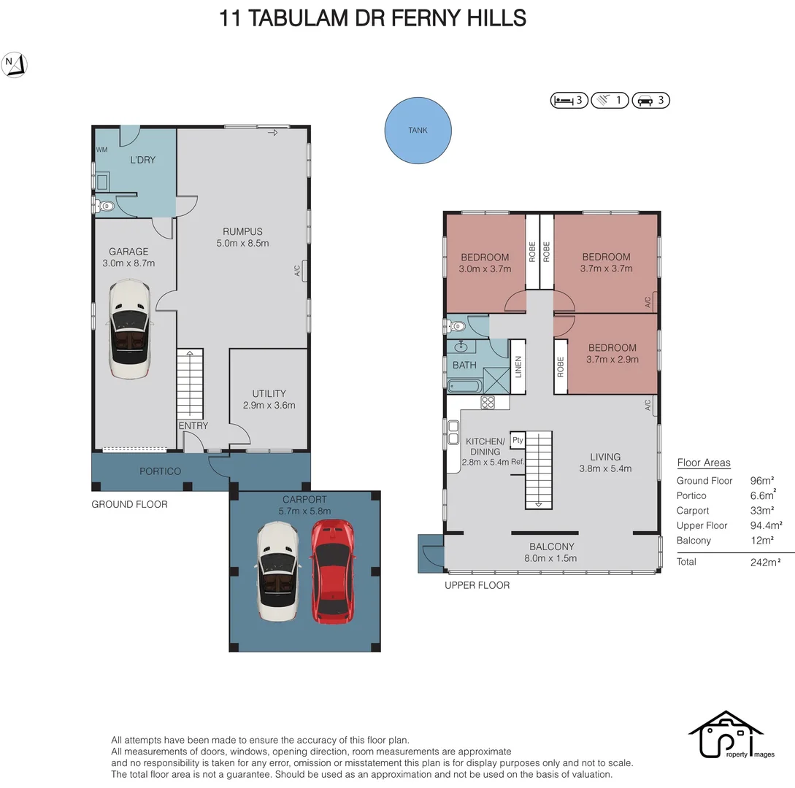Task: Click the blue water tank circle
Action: click(418, 130)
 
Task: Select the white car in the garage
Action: click(130, 329)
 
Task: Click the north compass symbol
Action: click(14, 65)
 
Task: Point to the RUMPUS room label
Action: click(242, 231)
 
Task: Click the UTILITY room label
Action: click(269, 393)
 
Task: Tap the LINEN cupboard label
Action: click(518, 366)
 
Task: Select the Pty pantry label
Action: click(518, 440)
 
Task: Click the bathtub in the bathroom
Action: click(465, 387)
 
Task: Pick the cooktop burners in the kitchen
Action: click(488, 402)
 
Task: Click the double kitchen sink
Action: click(453, 432)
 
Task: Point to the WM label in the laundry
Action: click(102, 150)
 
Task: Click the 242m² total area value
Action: click(765, 562)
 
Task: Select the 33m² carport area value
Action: click(762, 510)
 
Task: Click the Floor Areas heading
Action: click(704, 463)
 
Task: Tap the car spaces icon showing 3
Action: click(651, 101)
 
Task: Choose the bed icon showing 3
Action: click(569, 101)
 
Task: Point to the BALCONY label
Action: click(552, 546)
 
